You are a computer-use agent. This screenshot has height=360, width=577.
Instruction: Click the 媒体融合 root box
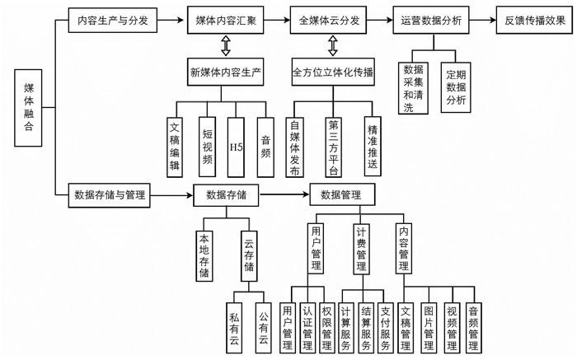(x=30, y=108)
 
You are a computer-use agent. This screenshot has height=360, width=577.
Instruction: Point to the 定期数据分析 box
(x=455, y=86)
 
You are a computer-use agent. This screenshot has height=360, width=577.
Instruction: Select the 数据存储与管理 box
(x=110, y=195)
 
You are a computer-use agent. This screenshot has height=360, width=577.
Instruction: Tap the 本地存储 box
(x=204, y=255)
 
